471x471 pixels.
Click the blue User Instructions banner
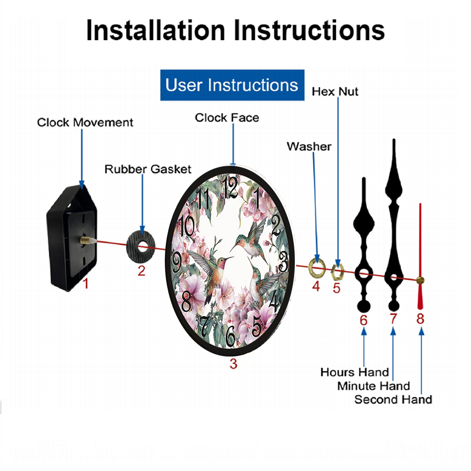point(232,85)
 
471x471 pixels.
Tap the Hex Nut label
point(335,92)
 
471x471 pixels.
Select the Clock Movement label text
point(85,122)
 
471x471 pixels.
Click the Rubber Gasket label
point(148,169)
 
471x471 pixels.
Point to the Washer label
point(309,146)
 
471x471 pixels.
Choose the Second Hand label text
point(393,399)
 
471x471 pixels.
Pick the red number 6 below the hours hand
point(364,320)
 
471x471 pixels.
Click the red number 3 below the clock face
point(234,364)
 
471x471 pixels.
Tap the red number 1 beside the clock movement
point(86,284)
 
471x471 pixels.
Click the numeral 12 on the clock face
point(230,187)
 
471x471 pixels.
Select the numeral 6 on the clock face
point(230,335)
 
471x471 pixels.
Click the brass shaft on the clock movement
point(86,240)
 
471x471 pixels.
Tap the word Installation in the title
point(155,30)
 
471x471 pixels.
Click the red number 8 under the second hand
point(420,319)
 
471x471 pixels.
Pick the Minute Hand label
point(374,386)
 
